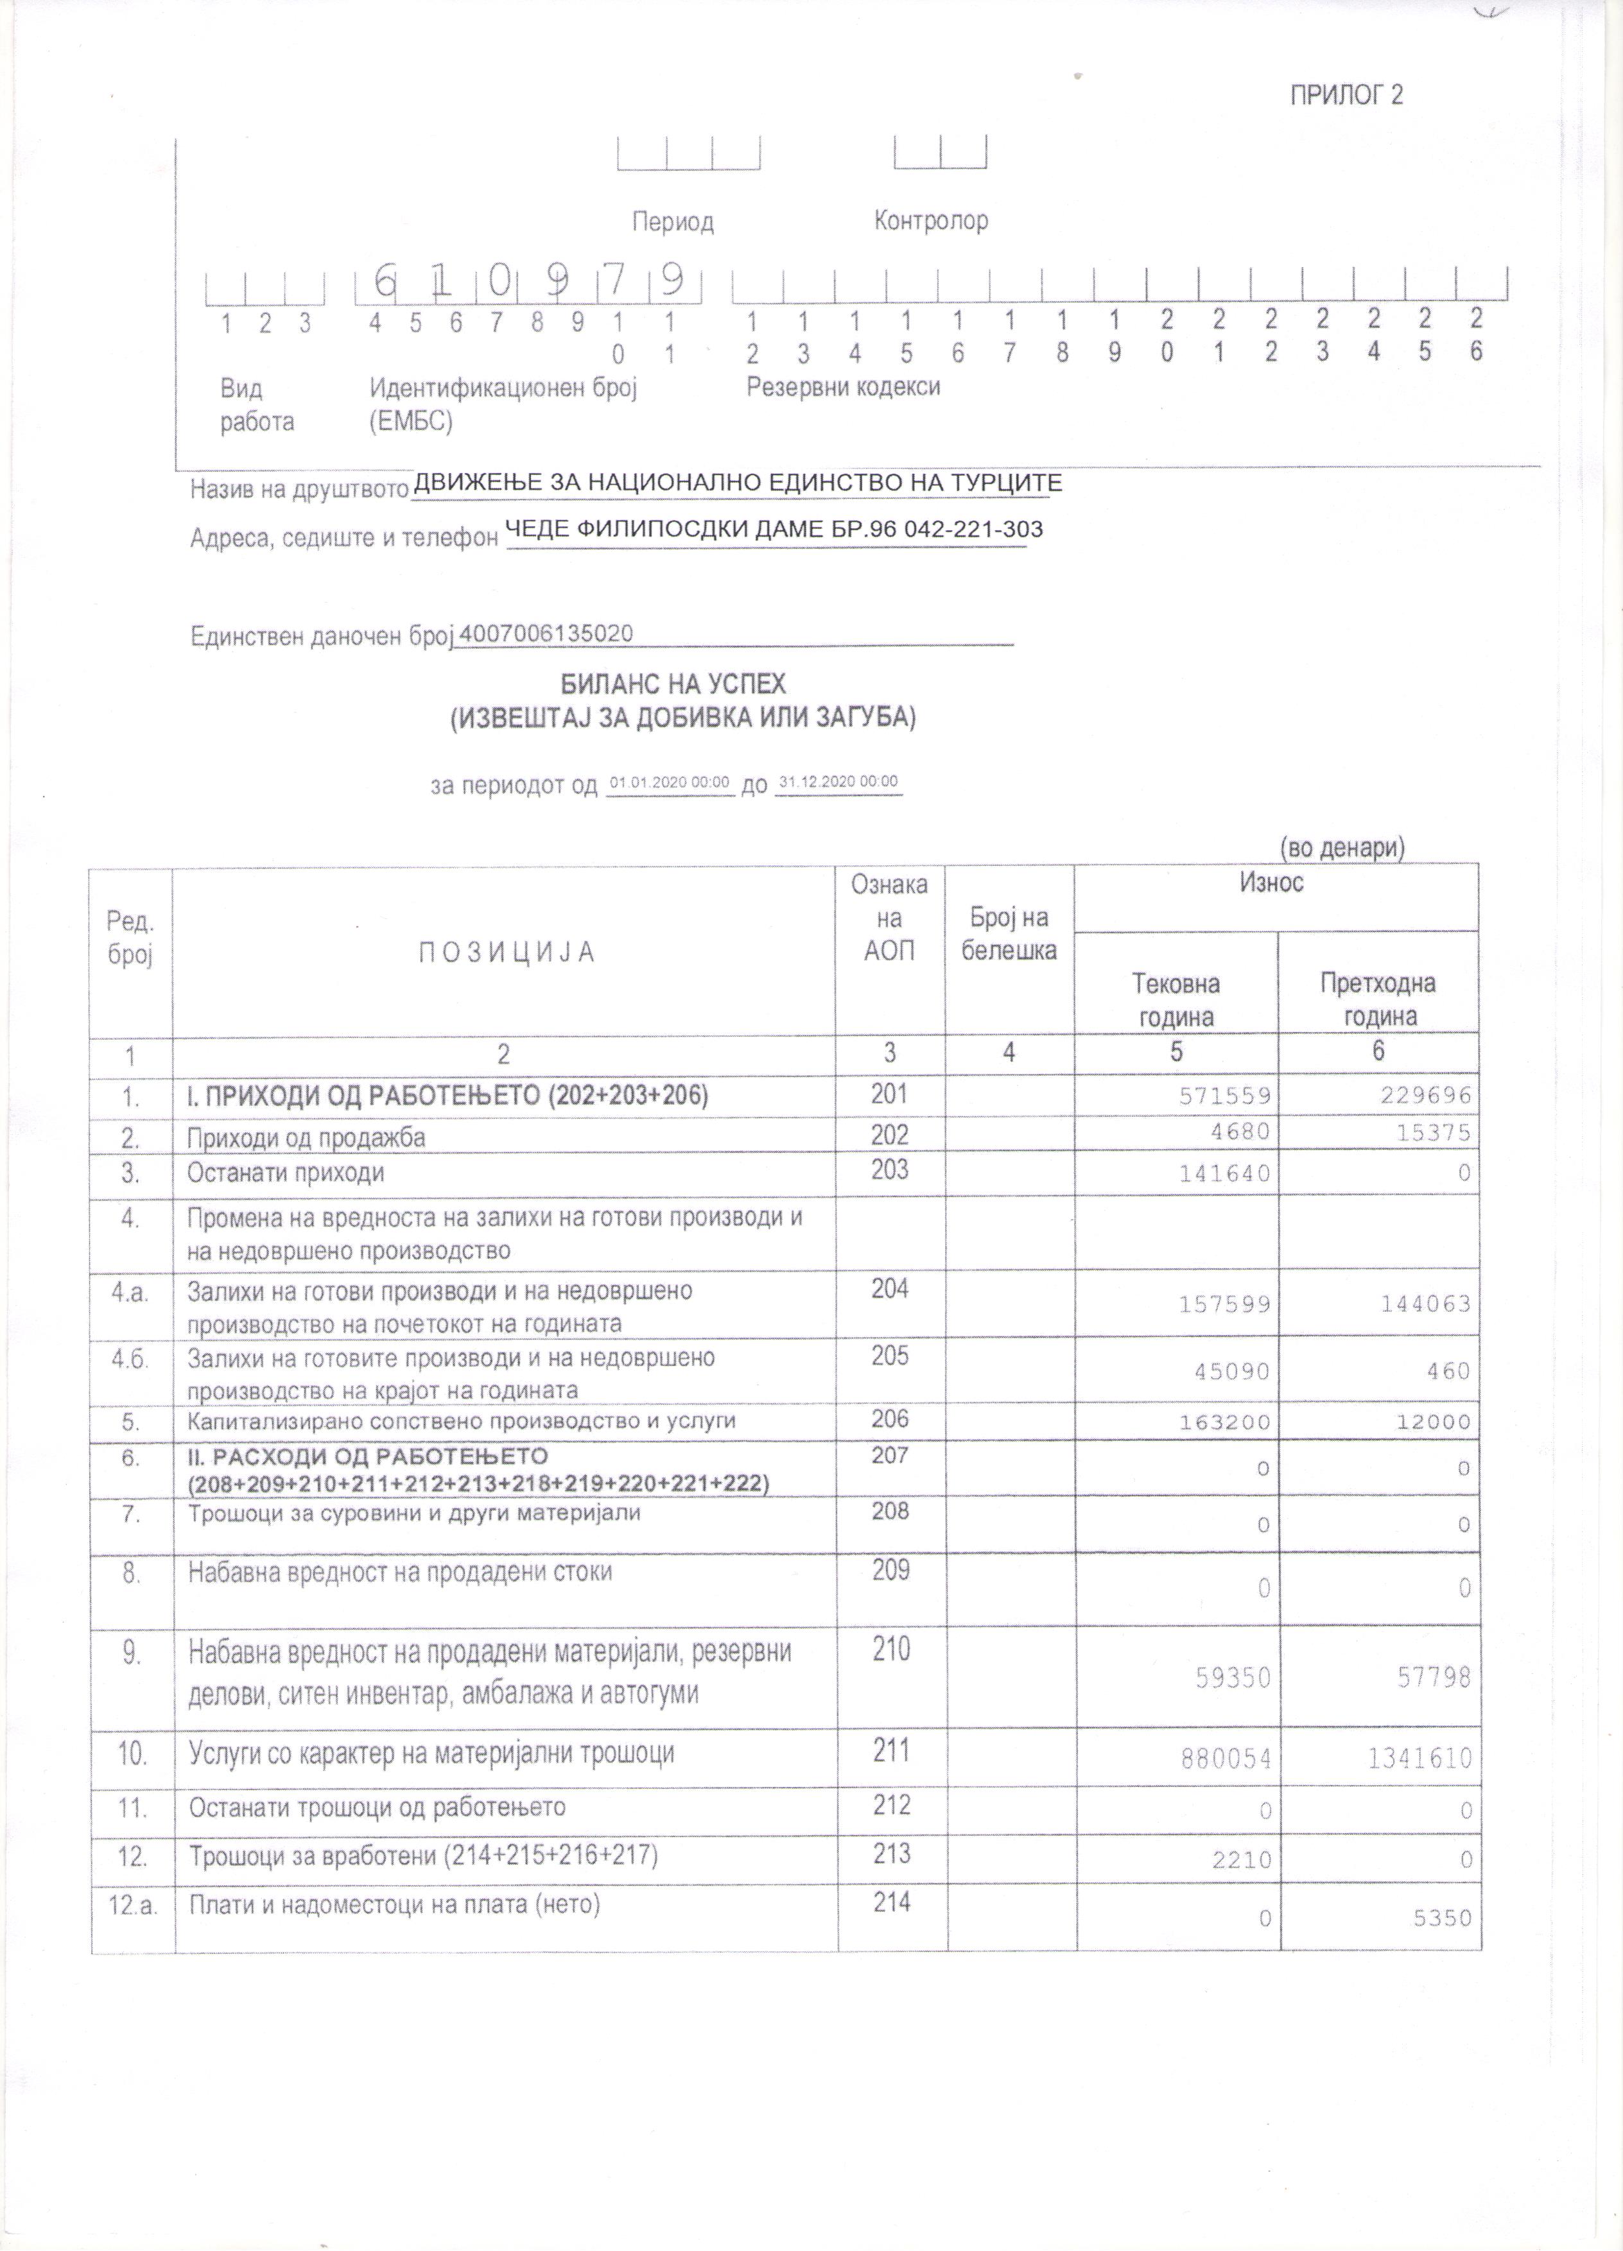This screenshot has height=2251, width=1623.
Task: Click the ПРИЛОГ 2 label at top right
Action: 1346,95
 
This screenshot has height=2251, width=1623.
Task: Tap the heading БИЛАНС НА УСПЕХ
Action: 673,684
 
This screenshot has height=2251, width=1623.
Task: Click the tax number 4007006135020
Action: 546,634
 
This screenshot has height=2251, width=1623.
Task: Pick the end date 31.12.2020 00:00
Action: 838,781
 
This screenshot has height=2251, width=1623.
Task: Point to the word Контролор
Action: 930,220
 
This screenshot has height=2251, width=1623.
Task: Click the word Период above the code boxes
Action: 673,221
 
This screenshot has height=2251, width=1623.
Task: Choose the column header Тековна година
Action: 1176,999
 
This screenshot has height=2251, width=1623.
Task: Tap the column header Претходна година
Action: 1377,999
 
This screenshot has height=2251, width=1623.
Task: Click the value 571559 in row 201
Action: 1224,1096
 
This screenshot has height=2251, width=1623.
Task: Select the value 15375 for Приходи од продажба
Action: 1432,1132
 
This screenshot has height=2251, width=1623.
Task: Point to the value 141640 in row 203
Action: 1224,1173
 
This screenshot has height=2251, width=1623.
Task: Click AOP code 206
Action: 889,1419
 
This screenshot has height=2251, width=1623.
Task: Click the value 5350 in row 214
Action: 1441,1917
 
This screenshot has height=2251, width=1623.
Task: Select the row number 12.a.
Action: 132,1904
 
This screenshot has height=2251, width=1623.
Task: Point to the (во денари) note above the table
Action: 1341,848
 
